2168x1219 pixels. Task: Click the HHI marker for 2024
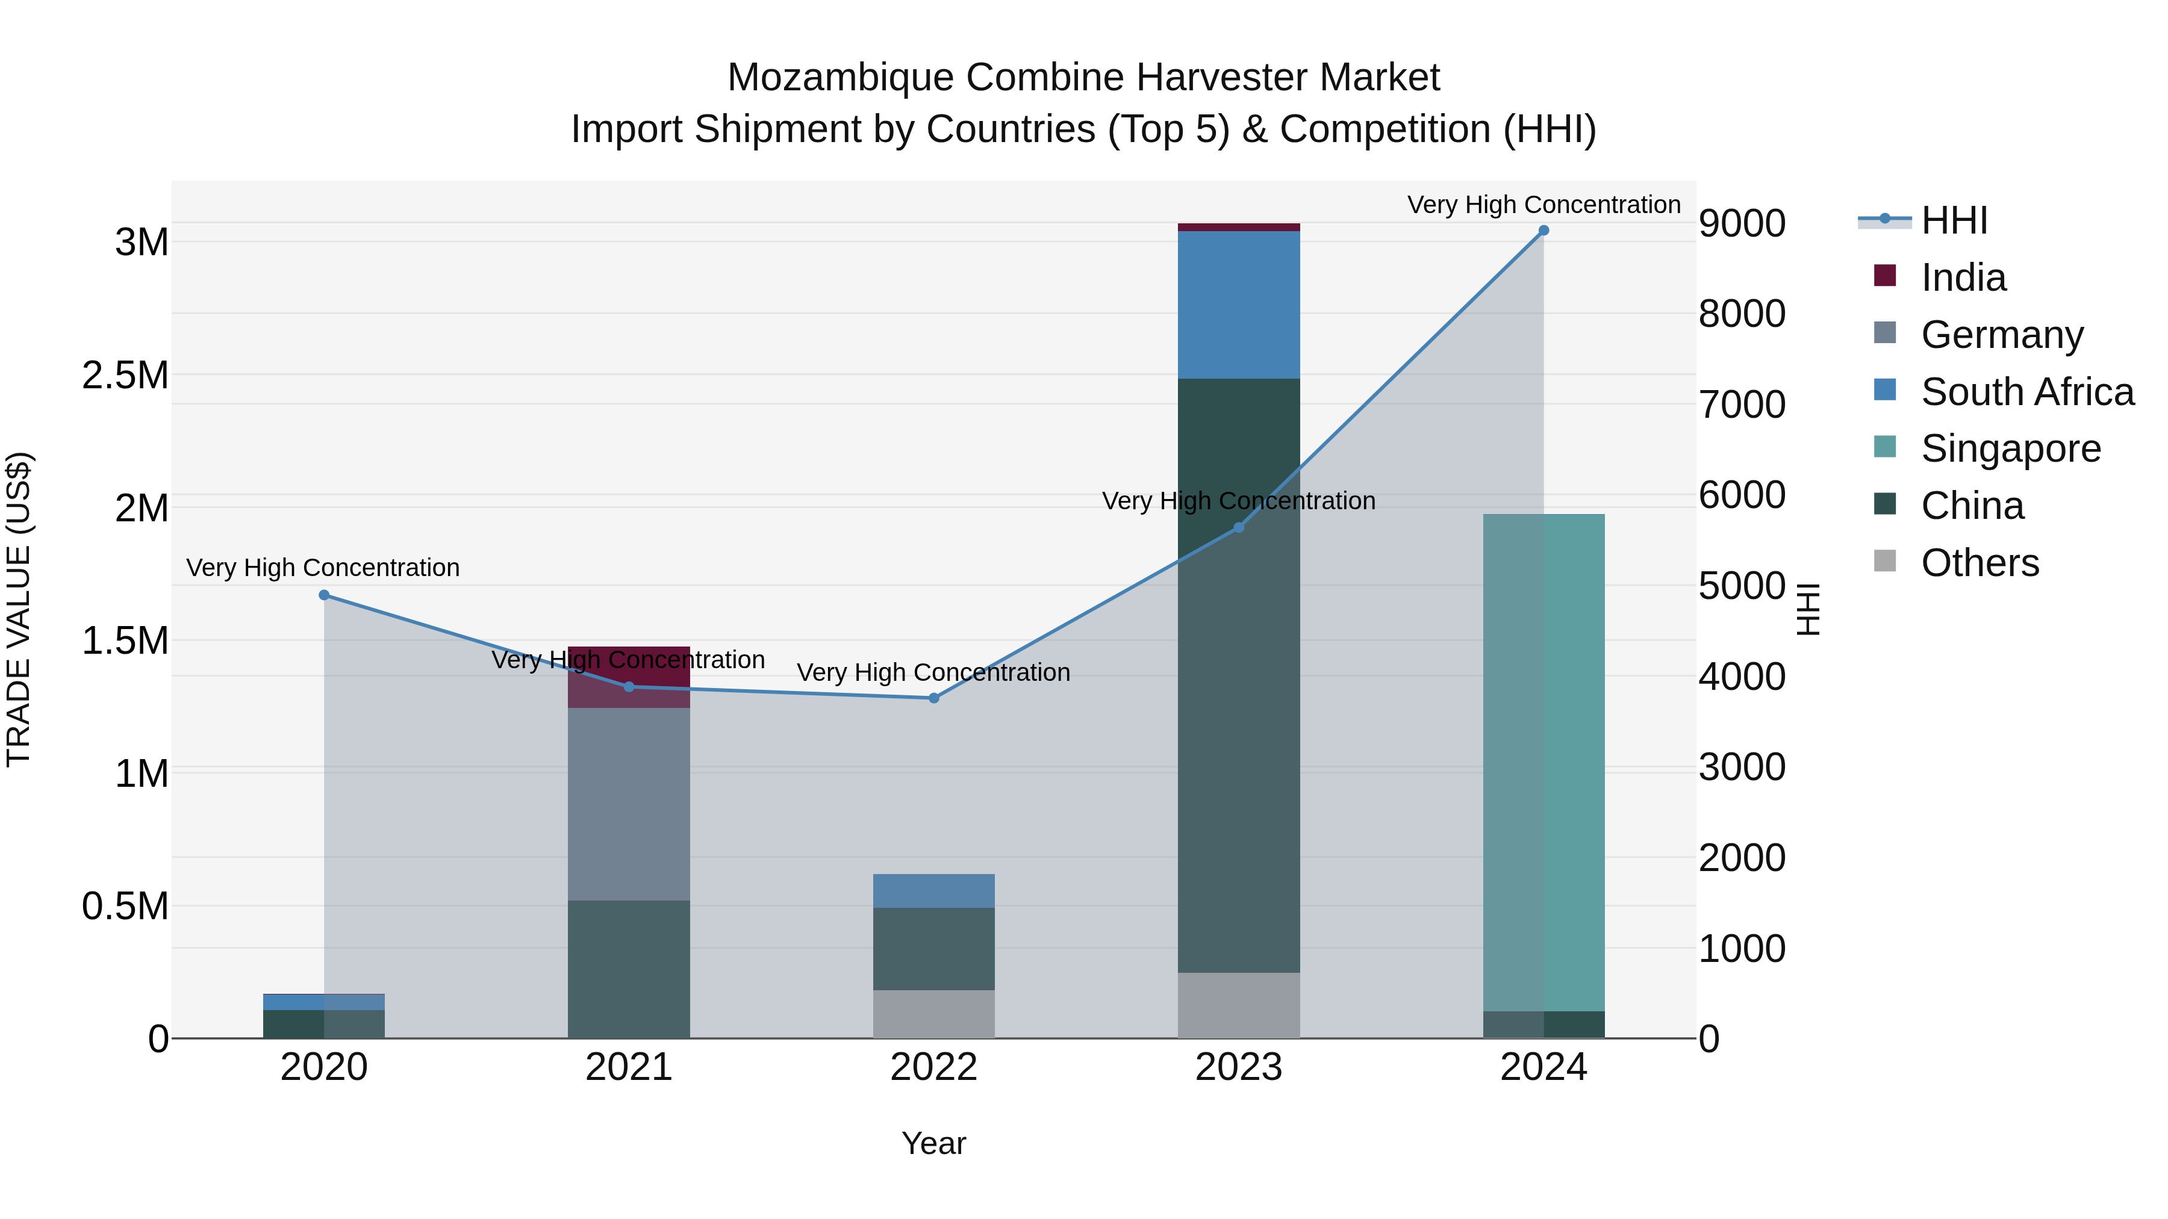(x=1543, y=231)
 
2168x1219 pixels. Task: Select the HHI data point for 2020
(x=324, y=595)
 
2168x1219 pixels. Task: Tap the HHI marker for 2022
(x=933, y=698)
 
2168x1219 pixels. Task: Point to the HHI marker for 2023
(x=1238, y=527)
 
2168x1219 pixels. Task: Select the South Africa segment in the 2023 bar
(x=1238, y=305)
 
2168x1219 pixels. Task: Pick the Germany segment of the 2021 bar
(x=629, y=804)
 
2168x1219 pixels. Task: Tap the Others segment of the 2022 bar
(x=933, y=1014)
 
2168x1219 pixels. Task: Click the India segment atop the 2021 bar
(x=629, y=675)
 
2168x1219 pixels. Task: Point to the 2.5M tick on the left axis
(x=125, y=375)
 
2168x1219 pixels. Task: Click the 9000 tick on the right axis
(x=1741, y=224)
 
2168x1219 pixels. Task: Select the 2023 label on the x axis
(x=1238, y=1067)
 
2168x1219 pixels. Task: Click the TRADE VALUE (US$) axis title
(x=19, y=609)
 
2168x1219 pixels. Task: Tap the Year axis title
(x=933, y=1143)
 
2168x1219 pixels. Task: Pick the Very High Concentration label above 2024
(x=1543, y=205)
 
